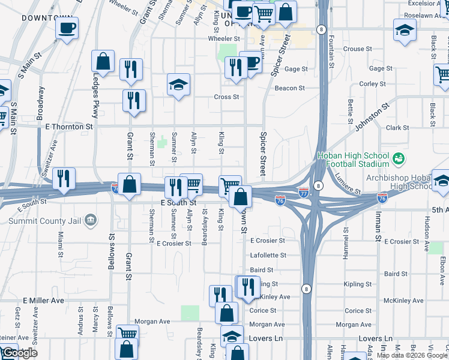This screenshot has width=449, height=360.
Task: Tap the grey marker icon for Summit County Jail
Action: pyautogui.click(x=91, y=220)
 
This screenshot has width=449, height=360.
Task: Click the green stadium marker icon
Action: pyautogui.click(x=397, y=159)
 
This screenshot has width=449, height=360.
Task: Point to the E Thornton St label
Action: pyautogui.click(x=69, y=127)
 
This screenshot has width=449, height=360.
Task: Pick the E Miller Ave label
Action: pyautogui.click(x=43, y=300)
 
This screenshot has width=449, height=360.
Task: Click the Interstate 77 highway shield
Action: pyautogui.click(x=304, y=193)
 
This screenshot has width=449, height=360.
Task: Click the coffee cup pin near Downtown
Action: pyautogui.click(x=67, y=28)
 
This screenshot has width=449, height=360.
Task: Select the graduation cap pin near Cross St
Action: pyautogui.click(x=178, y=85)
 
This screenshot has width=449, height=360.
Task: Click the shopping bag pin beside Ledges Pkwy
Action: pyautogui.click(x=103, y=61)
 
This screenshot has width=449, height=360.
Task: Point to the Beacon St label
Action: pyautogui.click(x=290, y=88)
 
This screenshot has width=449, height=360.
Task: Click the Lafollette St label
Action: pyautogui.click(x=268, y=256)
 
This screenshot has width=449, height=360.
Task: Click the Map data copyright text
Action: pyautogui.click(x=412, y=355)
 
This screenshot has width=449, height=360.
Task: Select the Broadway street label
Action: pyautogui.click(x=41, y=104)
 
